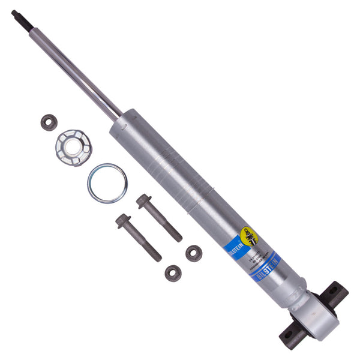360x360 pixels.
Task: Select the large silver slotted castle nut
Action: point(73,147)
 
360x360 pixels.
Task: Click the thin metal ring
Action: point(107,184)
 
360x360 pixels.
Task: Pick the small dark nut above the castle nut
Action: point(49,122)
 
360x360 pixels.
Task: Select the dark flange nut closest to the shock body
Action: point(193,253)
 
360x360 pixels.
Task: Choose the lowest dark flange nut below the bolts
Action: point(173,273)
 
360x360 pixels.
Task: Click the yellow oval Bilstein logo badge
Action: point(248,236)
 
